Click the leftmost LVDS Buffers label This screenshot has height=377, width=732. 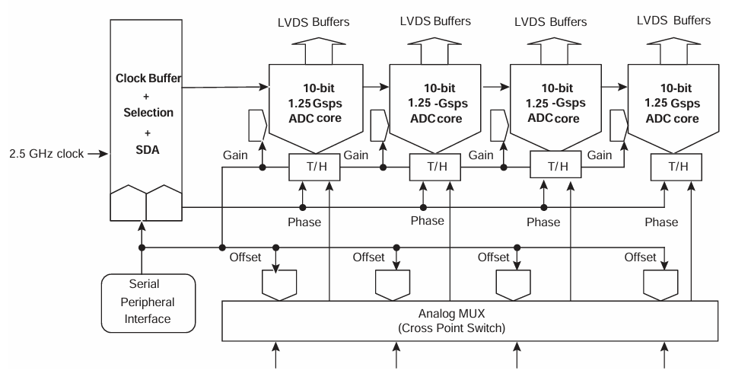(312, 21)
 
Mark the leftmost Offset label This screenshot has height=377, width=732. (247, 257)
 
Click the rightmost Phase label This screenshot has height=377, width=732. (660, 222)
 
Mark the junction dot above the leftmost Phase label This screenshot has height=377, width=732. (303, 207)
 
